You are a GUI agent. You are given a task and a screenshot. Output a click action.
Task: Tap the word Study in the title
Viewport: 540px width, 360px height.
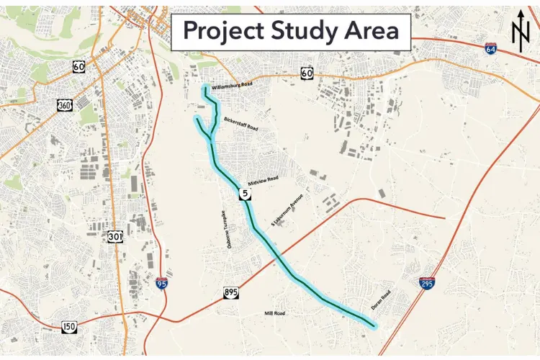pyautogui.click(x=303, y=31)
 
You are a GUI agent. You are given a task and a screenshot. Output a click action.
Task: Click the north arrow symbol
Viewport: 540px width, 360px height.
pyautogui.click(x=520, y=32)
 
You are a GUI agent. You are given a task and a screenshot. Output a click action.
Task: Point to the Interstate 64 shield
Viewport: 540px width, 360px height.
pyautogui.click(x=490, y=49)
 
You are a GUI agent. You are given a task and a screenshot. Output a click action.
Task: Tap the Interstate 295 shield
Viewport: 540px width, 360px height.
pyautogui.click(x=427, y=284)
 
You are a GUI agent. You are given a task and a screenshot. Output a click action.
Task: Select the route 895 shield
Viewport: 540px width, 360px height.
pyautogui.click(x=230, y=292)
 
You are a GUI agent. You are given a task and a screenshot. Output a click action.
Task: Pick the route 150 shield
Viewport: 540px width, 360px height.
pyautogui.click(x=69, y=327)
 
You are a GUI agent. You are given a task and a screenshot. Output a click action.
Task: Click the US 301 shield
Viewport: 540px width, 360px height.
pyautogui.click(x=115, y=236)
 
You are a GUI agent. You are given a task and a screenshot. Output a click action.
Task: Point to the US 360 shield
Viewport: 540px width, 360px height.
pyautogui.click(x=64, y=105)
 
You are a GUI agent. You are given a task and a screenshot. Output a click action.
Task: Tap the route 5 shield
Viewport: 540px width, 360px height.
pyautogui.click(x=245, y=194)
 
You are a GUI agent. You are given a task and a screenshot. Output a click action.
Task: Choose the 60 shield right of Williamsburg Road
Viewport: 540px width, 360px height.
pyautogui.click(x=307, y=73)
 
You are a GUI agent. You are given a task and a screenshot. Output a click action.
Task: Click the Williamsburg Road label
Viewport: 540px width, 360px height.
pyautogui.click(x=233, y=86)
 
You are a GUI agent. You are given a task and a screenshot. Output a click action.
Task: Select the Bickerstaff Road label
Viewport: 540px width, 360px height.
pyautogui.click(x=240, y=124)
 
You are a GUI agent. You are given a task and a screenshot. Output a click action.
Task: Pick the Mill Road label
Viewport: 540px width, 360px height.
pyautogui.click(x=274, y=313)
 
